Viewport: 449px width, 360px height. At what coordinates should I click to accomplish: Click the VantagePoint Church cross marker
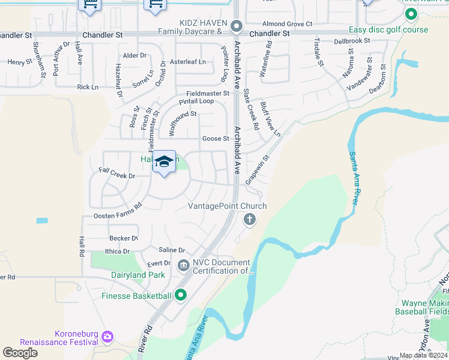click(249, 220)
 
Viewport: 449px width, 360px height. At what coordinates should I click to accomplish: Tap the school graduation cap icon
click(164, 161)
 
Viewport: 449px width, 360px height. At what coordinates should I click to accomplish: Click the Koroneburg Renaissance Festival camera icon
click(107, 335)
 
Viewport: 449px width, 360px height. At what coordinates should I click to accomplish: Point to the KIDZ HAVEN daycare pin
click(236, 26)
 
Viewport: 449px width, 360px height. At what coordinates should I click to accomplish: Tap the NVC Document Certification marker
click(183, 265)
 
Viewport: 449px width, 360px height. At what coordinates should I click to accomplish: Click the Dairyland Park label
click(138, 275)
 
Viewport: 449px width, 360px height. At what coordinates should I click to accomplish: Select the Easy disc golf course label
click(389, 29)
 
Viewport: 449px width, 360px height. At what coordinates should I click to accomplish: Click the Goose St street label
click(216, 139)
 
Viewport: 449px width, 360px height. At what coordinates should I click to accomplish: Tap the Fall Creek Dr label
click(117, 176)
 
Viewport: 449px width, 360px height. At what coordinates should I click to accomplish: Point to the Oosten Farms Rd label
click(118, 211)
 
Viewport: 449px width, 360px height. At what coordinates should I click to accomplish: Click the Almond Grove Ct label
click(288, 24)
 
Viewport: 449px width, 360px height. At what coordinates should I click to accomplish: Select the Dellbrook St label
click(352, 41)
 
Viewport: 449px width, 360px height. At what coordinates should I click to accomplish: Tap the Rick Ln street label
click(88, 87)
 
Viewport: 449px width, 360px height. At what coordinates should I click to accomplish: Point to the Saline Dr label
click(172, 250)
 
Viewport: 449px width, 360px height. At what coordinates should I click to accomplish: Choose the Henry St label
click(20, 62)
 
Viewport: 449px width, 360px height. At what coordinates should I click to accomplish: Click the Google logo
click(20, 353)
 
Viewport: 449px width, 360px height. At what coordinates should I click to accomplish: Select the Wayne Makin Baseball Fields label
click(421, 307)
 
